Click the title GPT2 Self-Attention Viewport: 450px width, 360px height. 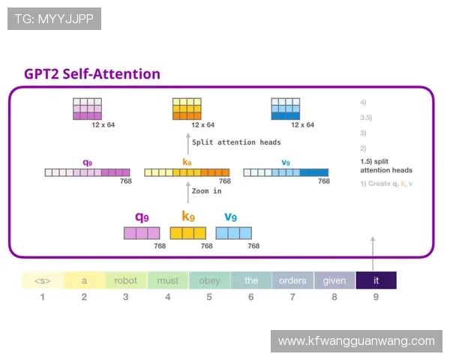[x=92, y=73]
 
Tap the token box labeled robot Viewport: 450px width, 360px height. [x=126, y=280]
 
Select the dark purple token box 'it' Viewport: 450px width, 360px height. [x=376, y=280]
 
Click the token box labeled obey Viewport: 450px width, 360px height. [x=209, y=280]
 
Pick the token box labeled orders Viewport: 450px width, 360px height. [x=292, y=280]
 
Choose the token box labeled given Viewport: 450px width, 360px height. [x=334, y=280]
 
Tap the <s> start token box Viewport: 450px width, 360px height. [x=43, y=280]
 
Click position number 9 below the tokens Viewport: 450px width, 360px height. [x=376, y=297]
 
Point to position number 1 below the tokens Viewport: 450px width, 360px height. [x=43, y=297]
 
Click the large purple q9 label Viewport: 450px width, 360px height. [x=142, y=217]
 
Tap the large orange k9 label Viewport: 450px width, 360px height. [x=188, y=217]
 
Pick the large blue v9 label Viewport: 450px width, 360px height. [x=231, y=217]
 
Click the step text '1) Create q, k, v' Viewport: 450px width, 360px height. [x=386, y=184]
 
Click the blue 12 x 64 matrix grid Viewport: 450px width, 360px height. [x=285, y=109]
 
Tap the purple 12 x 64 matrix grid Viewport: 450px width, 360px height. [x=86, y=109]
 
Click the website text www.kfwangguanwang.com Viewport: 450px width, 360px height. [x=356, y=341]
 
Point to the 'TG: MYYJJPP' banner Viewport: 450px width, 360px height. [x=54, y=19]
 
